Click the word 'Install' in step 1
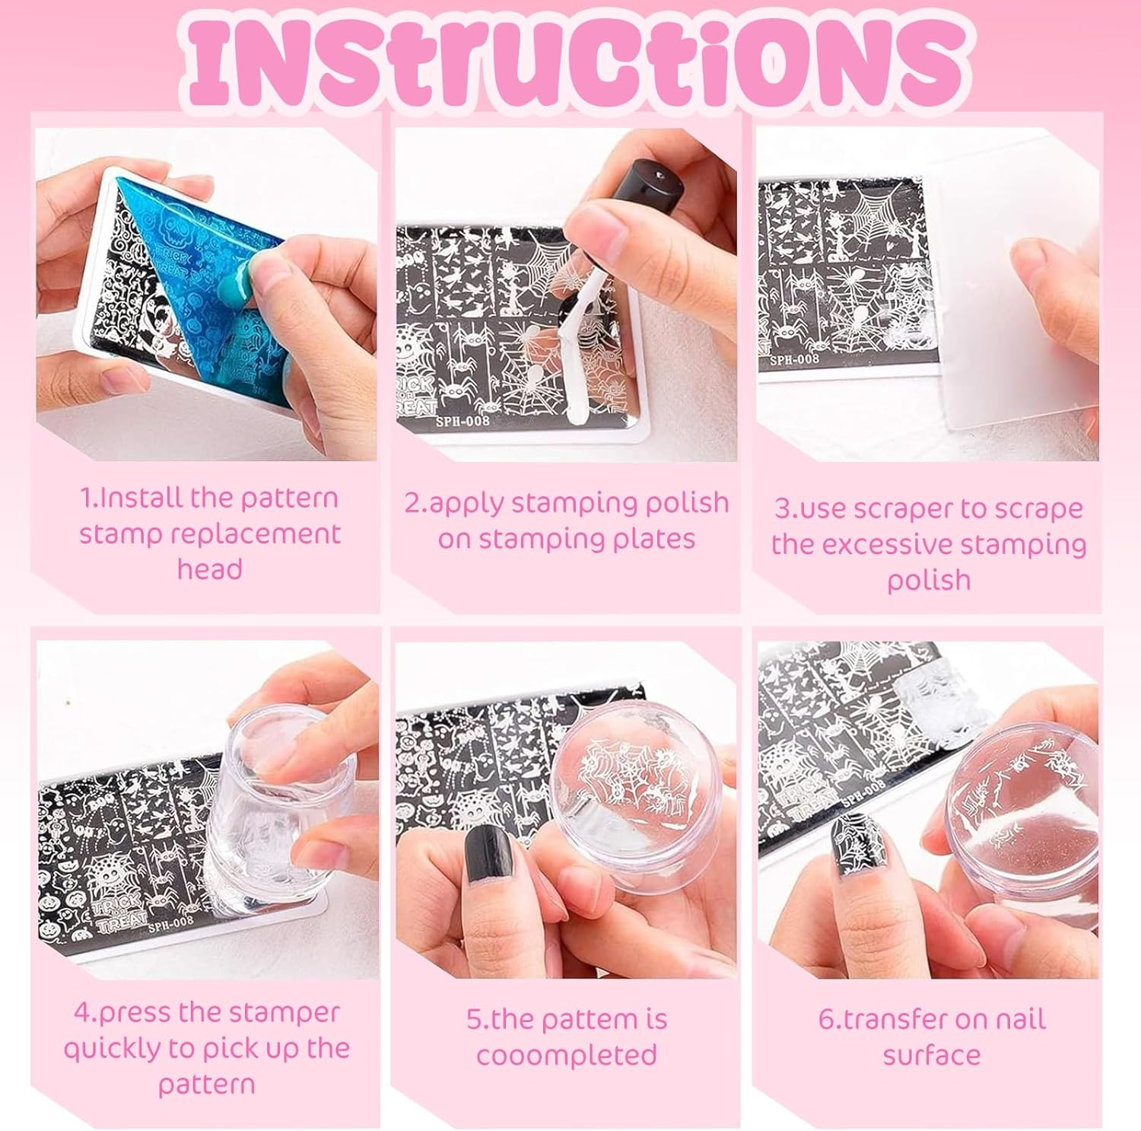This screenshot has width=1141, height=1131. tap(141, 498)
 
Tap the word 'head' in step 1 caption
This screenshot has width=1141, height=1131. tap(209, 569)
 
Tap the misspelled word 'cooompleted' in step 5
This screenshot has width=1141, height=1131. tap(566, 1055)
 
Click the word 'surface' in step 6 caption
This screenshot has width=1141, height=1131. tap(931, 1055)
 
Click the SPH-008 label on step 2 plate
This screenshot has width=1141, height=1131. tap(462, 419)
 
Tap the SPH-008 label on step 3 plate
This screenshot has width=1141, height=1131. tap(793, 358)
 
